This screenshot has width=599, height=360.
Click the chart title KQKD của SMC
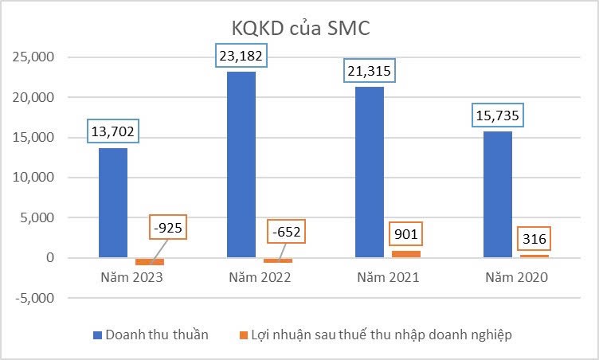300,27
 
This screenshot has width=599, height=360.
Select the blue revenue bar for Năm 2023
112,202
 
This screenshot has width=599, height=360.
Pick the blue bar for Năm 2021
370,171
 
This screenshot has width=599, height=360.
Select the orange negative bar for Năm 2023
150,261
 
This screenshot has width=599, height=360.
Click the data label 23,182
241,57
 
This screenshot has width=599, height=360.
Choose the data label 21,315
370,71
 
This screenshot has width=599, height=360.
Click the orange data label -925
169,228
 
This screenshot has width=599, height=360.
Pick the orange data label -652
284,233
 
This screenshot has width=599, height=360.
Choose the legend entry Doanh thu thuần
151,335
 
